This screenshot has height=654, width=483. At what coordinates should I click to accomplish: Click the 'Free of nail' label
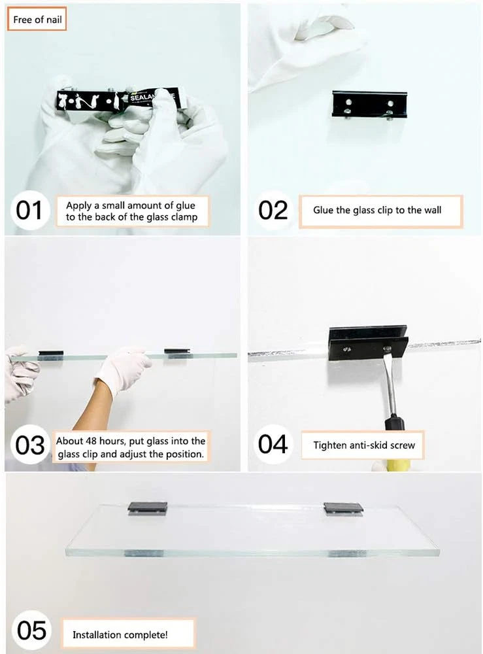[37, 19]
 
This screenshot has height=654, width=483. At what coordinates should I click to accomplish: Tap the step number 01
[29, 210]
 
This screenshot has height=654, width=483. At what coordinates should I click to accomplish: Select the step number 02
[273, 210]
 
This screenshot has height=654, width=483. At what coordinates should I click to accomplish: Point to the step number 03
[29, 445]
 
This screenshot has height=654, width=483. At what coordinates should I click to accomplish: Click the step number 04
[273, 444]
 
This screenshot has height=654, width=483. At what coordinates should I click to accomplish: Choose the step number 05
[31, 630]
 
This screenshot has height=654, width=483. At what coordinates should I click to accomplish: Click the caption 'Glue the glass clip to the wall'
[377, 210]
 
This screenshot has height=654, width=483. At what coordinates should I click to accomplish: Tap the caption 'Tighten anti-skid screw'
[364, 445]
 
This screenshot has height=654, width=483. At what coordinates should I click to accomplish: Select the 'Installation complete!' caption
[120, 635]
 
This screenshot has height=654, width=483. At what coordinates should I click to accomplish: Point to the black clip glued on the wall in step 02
[369, 104]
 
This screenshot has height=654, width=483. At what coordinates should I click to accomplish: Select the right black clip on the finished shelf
[343, 508]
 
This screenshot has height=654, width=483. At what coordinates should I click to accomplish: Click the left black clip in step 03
[51, 354]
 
